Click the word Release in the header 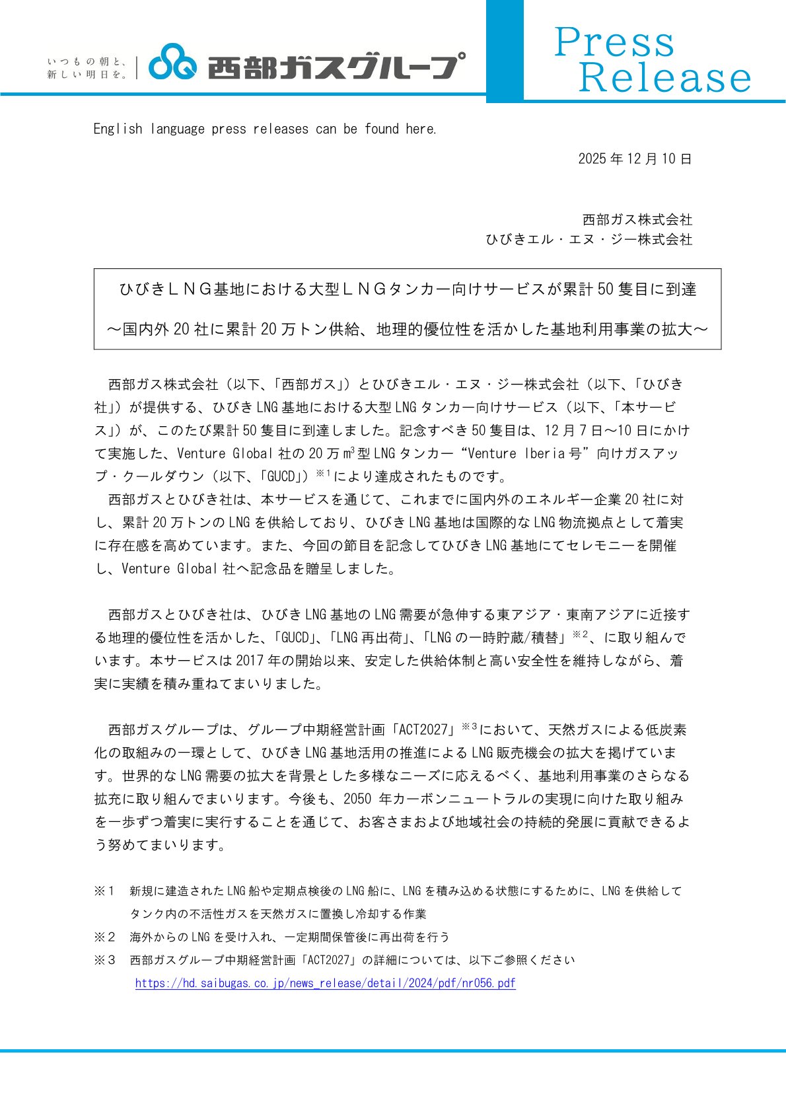point(664,78)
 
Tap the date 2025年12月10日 point(635,159)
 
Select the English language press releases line point(265,129)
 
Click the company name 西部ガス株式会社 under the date point(637,219)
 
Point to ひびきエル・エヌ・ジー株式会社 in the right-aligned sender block point(589,239)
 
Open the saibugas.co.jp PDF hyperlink point(325,983)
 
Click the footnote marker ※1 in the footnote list point(104,891)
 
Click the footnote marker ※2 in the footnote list point(104,937)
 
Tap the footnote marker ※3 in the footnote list point(104,960)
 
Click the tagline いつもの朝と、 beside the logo point(87,61)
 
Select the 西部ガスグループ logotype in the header point(336,66)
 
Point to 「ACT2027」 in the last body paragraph point(423,730)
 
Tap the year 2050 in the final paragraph point(357,799)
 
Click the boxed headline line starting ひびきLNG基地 point(408,289)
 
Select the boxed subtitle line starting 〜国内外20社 point(408,329)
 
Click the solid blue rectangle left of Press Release point(505,51)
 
